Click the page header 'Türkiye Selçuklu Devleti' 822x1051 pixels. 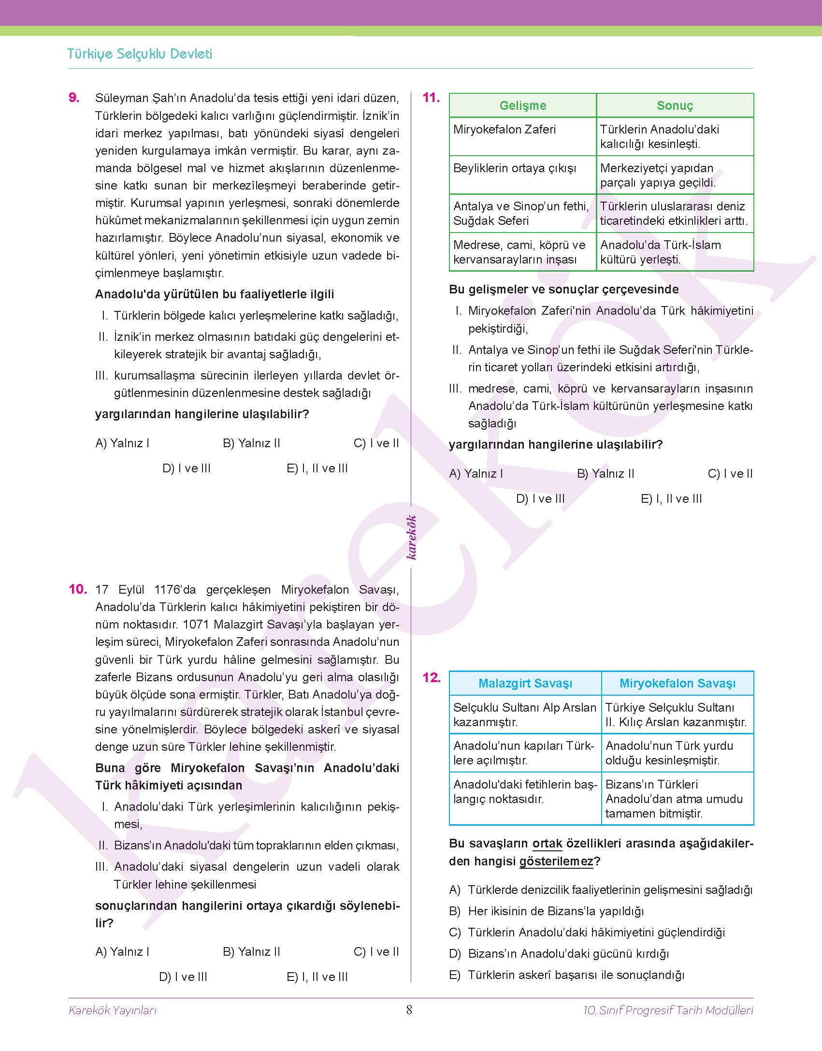pos(140,54)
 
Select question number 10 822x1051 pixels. pos(77,589)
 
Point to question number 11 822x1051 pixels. pos(431,98)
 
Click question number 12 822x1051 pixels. pos(431,678)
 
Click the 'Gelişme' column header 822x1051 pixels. pos(522,105)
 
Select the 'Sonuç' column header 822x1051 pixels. pos(675,105)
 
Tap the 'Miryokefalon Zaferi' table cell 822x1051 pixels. pos(505,129)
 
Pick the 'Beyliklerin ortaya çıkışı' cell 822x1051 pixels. pos(515,168)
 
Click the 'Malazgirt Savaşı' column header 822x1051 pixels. pos(525,683)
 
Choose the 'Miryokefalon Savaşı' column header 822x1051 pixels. pos(678,683)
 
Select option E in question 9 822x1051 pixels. pos(317,468)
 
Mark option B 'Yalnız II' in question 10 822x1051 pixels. pos(251,951)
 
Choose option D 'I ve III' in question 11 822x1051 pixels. pos(540,498)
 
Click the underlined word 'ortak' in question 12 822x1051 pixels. pos(547,844)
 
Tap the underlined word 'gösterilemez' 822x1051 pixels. pos(556,861)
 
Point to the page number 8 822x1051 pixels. pos(409,1010)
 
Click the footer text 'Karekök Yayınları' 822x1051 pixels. pos(113,1010)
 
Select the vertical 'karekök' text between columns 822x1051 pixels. pos(411,537)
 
